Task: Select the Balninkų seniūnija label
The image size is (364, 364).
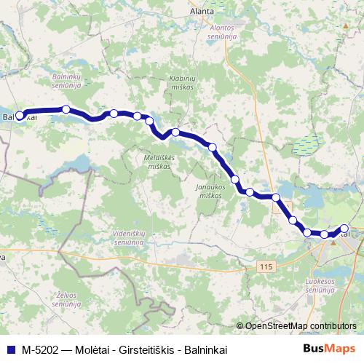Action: coord(66,79)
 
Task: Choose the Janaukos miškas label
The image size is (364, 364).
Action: coord(214,191)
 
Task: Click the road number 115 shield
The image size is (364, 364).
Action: coord(265,268)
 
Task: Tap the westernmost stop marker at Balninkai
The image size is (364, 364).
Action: coord(20,115)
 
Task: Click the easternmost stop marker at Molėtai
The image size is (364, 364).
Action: coord(344,229)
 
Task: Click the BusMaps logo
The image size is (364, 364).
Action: coord(329,349)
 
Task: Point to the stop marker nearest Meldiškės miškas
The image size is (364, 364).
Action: coord(175,132)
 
